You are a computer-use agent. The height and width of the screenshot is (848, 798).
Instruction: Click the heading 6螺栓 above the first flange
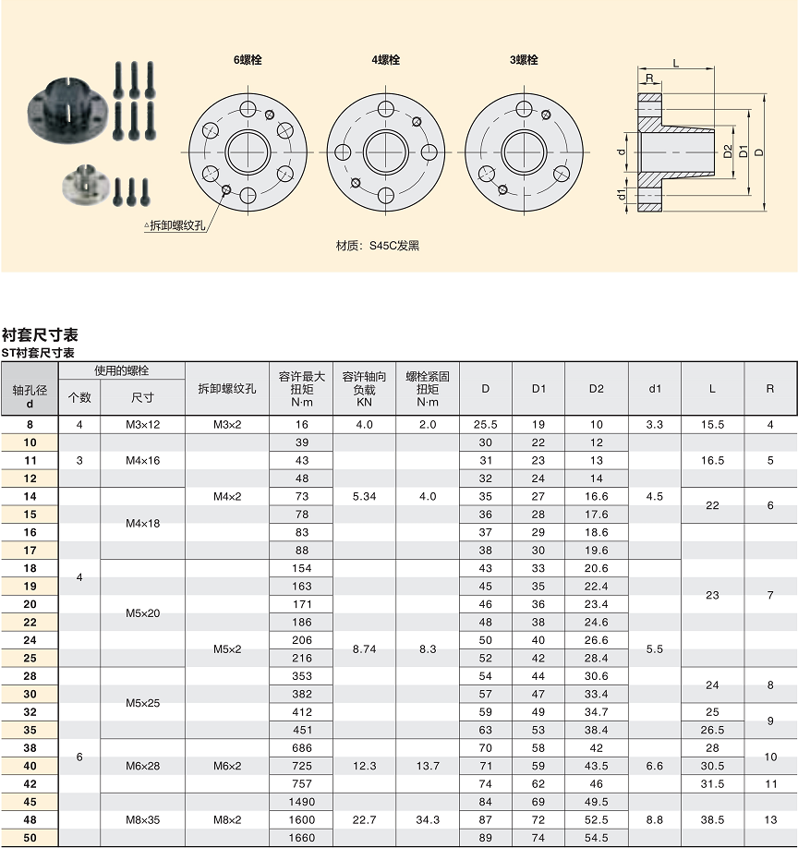[248, 60]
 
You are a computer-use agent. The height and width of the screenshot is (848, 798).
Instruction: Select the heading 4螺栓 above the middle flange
[385, 60]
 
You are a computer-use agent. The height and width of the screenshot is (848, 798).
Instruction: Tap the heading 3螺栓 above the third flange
[524, 60]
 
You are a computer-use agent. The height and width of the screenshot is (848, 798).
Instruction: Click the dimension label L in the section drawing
[676, 63]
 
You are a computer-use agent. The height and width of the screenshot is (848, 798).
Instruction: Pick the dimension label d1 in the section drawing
[622, 194]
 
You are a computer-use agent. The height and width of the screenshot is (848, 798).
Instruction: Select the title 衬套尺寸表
[40, 334]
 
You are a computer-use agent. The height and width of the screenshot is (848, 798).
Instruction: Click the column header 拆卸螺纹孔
[226, 389]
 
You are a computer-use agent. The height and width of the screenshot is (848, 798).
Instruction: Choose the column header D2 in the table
[596, 389]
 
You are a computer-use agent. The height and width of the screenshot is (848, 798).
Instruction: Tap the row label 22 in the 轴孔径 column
[30, 622]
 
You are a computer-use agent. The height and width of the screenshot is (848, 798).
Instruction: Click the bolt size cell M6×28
[142, 766]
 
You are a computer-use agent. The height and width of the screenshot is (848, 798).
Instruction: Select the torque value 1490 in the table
[301, 802]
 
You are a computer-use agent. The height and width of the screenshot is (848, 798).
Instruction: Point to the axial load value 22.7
[364, 819]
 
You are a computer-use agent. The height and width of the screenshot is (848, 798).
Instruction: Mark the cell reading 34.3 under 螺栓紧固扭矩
[427, 819]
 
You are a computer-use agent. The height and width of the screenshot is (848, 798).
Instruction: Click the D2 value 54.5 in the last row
[596, 838]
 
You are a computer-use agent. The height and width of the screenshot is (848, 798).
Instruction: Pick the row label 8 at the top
[30, 425]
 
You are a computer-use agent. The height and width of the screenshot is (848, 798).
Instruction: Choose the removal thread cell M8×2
[226, 819]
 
